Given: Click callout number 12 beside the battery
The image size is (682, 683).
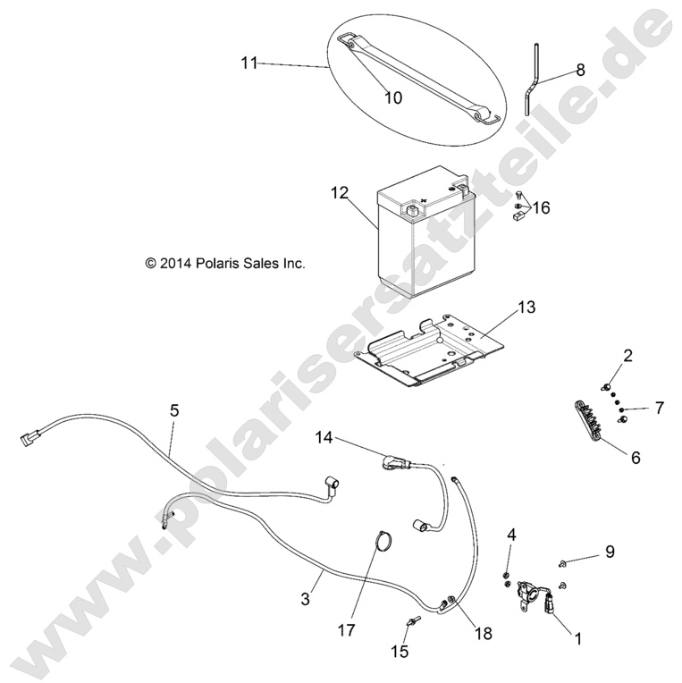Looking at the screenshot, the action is tap(340, 192).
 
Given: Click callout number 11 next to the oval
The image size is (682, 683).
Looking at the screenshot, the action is tap(249, 63).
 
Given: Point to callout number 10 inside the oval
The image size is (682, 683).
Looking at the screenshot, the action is tap(392, 98).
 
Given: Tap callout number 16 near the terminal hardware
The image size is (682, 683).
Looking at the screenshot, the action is tap(542, 207).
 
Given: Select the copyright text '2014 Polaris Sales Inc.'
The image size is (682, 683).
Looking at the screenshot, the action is tap(225, 263).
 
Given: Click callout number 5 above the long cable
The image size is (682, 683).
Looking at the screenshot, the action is tap(174, 410).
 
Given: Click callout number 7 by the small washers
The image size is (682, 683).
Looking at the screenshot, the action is tap(660, 409).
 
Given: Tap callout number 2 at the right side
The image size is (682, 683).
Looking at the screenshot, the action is tap(627, 356).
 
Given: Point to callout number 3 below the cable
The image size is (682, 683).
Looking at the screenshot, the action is tap(306, 599).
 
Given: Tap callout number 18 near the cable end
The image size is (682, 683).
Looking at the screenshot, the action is tap(483, 633).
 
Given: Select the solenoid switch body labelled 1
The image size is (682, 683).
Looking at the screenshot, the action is tap(529, 593).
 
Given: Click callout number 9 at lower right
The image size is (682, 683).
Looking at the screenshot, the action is tap(610, 552).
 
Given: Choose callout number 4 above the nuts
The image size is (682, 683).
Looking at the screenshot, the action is tap(511, 535).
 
